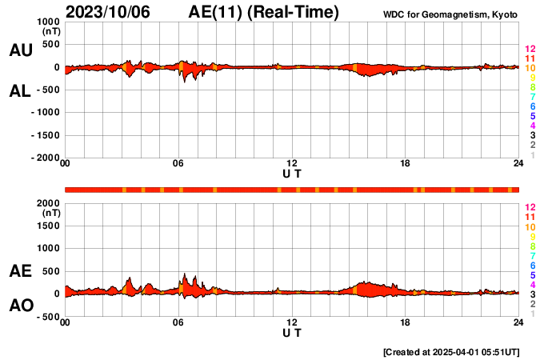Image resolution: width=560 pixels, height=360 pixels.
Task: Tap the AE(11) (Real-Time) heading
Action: click(263, 12)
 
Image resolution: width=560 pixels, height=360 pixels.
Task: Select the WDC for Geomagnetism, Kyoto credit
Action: click(450, 15)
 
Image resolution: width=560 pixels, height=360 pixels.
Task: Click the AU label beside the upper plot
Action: click(20, 50)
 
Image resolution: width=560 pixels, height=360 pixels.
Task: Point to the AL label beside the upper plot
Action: click(20, 91)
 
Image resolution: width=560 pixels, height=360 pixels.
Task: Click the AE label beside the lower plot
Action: click(20, 272)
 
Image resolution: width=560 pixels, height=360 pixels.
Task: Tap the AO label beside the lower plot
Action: click(20, 306)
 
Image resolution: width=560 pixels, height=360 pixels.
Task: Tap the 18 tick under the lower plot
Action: click(406, 322)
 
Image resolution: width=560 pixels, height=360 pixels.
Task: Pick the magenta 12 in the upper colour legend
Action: click(530, 50)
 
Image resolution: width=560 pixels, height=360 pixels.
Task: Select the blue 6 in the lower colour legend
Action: click(532, 265)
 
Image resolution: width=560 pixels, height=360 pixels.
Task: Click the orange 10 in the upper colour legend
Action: click(530, 69)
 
